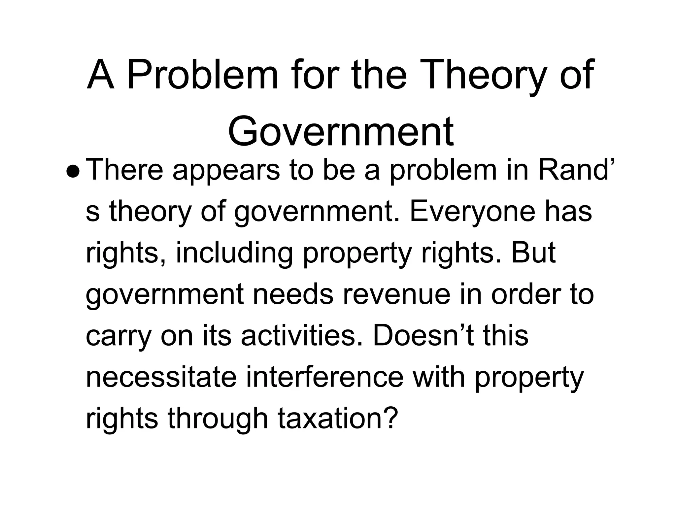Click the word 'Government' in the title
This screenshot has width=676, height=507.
341,131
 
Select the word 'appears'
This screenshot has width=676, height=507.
226,172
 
